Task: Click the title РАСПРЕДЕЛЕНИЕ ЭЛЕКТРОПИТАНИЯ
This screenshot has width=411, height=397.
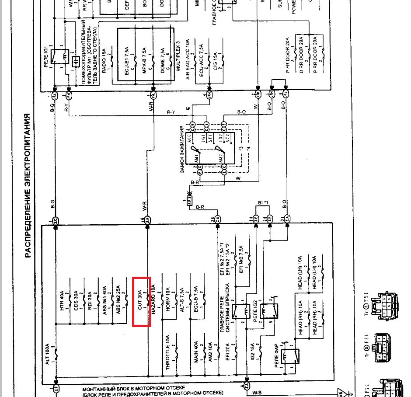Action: (x=27, y=186)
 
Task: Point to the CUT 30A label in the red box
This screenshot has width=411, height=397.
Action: (x=140, y=301)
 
